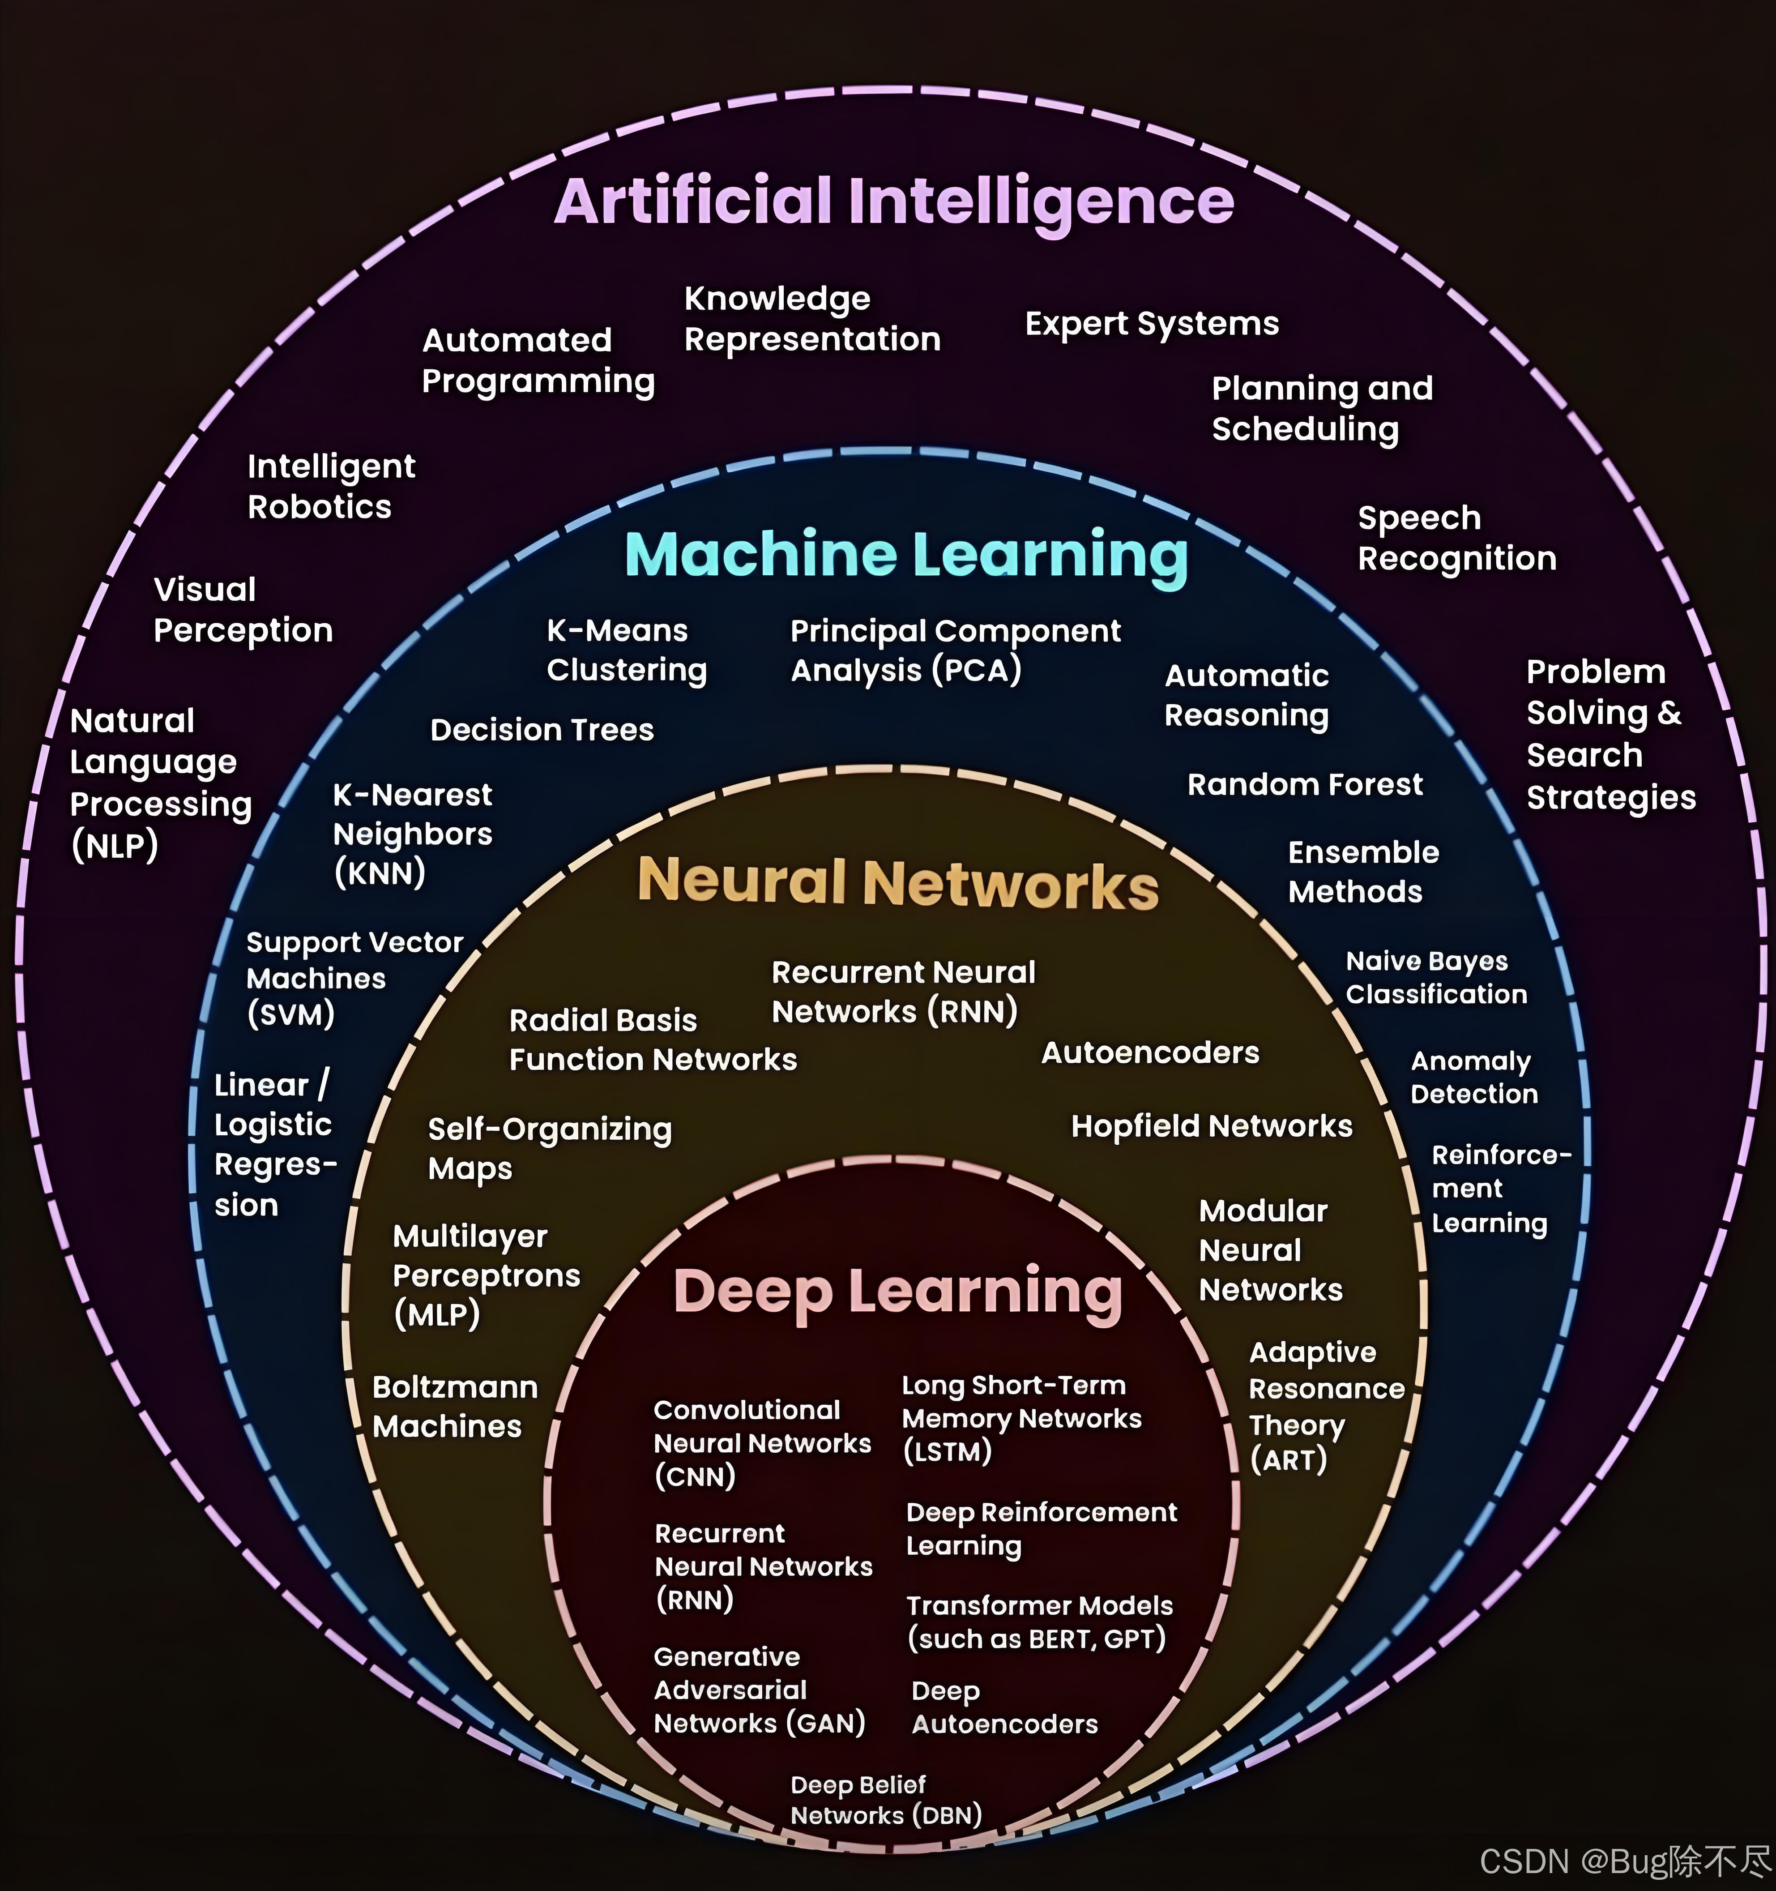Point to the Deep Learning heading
coord(897,1292)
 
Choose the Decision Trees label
coord(542,730)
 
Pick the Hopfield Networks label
coord(1211,1126)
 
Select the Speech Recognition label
coord(1456,539)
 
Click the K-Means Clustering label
coord(627,650)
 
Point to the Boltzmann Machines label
coord(454,1407)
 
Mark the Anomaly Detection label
coord(1474,1078)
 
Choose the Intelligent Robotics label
coord(331,487)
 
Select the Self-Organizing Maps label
coord(550,1148)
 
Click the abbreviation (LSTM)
coord(947,1451)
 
